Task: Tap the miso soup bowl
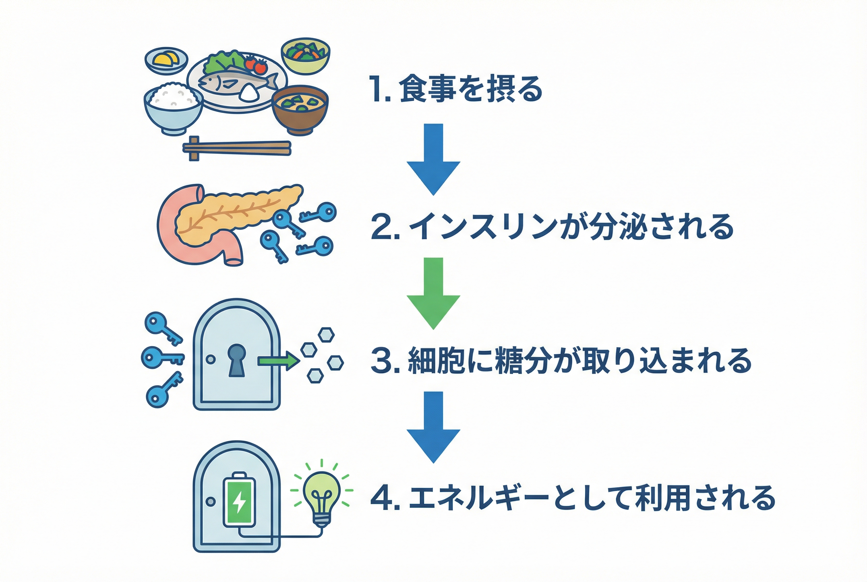[300, 109]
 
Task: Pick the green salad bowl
[306, 56]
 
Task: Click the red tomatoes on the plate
[257, 65]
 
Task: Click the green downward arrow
[433, 293]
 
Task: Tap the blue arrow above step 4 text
[433, 427]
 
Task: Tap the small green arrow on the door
[278, 360]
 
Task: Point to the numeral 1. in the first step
[380, 89]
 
